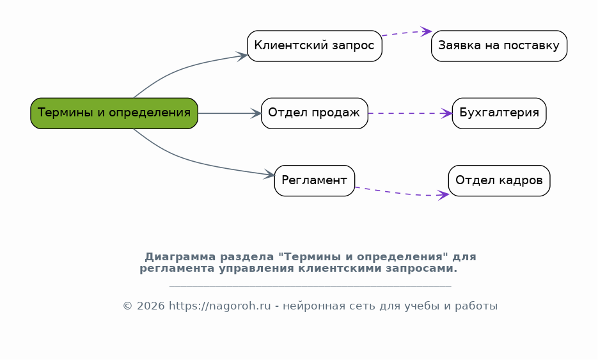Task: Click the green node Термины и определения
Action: point(114,113)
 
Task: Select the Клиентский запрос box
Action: point(314,46)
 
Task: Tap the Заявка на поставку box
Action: point(499,46)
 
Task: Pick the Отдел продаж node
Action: point(314,113)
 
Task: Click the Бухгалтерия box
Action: point(499,113)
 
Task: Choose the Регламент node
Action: point(314,181)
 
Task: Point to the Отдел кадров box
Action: point(499,181)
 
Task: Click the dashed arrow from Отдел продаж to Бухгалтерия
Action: point(410,113)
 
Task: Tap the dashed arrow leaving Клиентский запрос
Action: point(407,33)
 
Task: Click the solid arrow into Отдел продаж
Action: point(230,113)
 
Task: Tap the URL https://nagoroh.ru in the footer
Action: point(219,306)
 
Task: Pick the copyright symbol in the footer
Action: point(127,306)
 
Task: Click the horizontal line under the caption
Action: point(310,285)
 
